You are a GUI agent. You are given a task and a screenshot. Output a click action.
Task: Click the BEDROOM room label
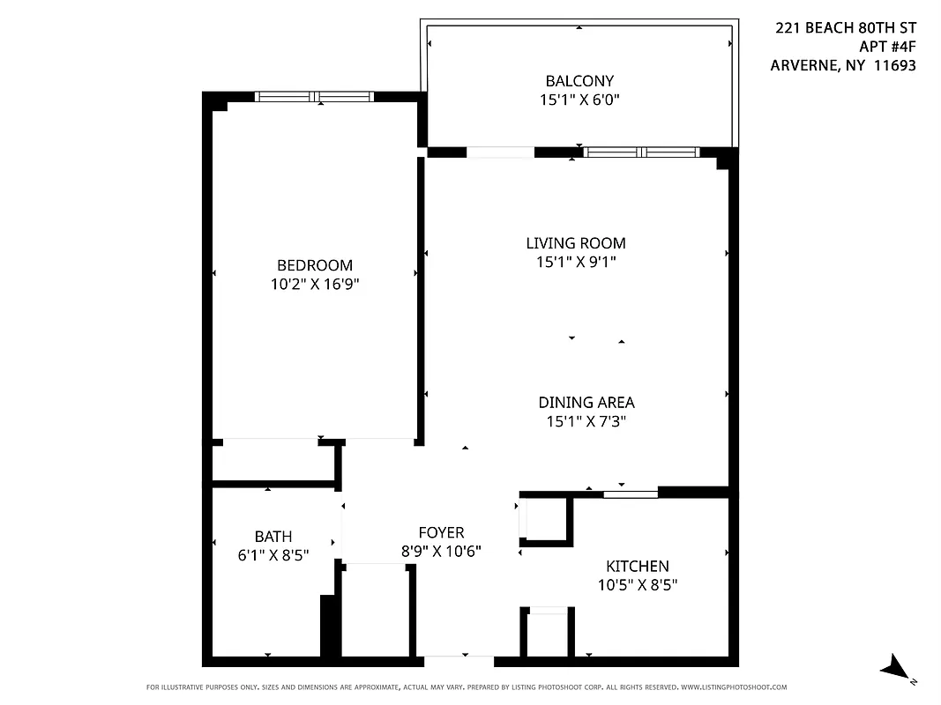(315, 265)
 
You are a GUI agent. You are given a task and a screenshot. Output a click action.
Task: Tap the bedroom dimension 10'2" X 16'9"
(315, 285)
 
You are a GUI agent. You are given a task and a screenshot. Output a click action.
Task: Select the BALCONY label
(579, 81)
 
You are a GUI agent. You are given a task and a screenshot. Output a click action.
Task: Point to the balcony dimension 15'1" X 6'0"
(579, 100)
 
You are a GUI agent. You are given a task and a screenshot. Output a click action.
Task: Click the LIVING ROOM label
(576, 243)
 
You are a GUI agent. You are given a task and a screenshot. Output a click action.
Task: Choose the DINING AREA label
(586, 403)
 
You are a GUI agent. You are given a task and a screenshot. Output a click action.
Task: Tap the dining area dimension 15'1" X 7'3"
(586, 422)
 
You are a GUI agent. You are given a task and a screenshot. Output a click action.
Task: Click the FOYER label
(441, 533)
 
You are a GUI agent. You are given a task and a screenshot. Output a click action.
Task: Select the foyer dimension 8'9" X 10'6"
(441, 552)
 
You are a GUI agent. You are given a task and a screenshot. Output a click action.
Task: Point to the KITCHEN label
(637, 566)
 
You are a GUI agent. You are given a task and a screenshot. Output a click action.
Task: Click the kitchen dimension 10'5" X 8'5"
(637, 584)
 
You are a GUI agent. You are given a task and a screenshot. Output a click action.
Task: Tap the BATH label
(273, 536)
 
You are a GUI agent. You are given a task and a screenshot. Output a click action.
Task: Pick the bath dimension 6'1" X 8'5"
(273, 555)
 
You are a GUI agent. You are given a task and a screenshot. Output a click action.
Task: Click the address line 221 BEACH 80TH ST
(846, 28)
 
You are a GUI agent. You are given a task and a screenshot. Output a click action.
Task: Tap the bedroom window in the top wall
(315, 96)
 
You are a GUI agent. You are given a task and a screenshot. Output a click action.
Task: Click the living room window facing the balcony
(641, 152)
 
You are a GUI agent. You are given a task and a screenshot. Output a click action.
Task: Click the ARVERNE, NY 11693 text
(843, 65)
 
